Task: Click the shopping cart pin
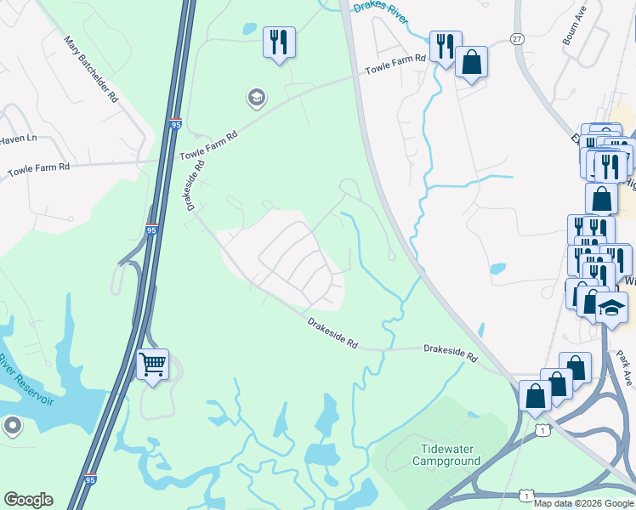[152, 365]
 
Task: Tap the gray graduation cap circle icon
[255, 98]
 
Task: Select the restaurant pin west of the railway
[280, 42]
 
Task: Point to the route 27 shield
[518, 40]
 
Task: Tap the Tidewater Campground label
[446, 455]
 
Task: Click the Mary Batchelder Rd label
[90, 69]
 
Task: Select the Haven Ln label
[18, 139]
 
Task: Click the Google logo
[28, 500]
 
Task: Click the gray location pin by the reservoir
[12, 425]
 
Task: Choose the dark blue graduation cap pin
[611, 308]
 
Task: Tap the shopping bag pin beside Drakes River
[470, 63]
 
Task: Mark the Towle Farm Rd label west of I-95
[38, 169]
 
